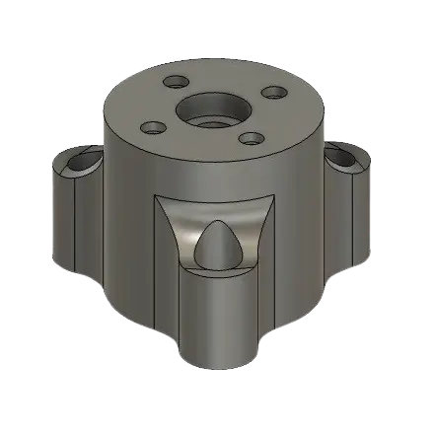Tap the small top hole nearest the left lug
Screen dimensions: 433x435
tap(153, 127)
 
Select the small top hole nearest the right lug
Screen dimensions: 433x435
tap(252, 138)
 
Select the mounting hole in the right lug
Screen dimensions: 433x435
tap(343, 156)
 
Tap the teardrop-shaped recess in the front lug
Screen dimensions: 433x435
tap(215, 246)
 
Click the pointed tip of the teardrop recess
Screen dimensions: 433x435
tap(216, 222)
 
